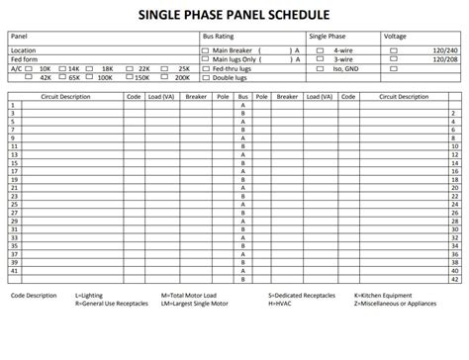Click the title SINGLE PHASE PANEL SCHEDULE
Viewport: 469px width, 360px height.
(234, 13)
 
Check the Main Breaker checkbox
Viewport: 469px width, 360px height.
(206, 48)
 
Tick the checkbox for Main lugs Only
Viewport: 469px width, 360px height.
(206, 56)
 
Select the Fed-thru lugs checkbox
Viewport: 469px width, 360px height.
(206, 66)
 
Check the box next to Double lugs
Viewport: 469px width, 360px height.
(206, 75)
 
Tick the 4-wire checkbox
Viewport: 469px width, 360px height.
(322, 48)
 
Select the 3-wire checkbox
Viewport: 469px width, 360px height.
(322, 57)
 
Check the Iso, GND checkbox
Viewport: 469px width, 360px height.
(322, 66)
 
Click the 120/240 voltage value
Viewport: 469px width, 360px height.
(445, 48)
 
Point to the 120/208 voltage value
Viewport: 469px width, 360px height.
(445, 57)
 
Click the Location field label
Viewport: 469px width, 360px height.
(25, 48)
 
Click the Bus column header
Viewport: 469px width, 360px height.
(242, 98)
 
